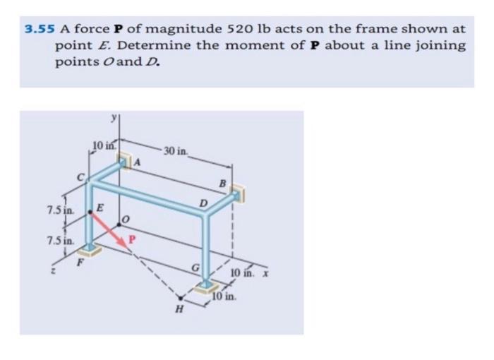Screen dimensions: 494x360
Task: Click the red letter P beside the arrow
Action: point(131,239)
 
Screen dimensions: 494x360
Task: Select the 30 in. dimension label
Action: point(175,151)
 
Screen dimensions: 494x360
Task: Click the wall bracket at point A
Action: point(126,161)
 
